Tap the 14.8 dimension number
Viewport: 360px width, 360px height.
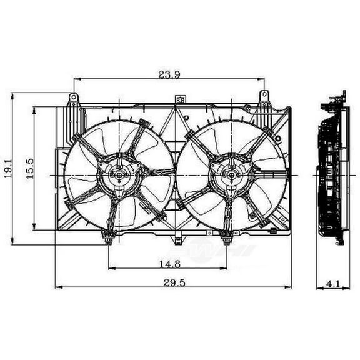pos(168,263)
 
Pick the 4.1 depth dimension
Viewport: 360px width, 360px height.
pos(332,284)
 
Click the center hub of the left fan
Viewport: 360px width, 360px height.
pos(118,176)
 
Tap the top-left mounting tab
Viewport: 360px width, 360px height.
pos(74,98)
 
